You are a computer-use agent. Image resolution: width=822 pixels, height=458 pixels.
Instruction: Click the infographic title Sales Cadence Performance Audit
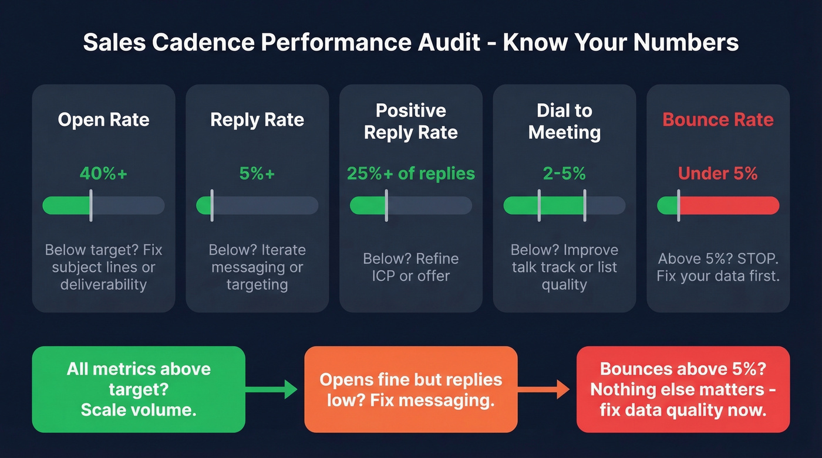pos(410,43)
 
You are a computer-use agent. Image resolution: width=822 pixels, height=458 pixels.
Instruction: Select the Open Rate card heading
pos(103,120)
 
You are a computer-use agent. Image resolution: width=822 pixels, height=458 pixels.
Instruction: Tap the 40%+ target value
pos(103,174)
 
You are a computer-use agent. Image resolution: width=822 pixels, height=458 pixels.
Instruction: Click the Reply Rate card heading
pos(257,120)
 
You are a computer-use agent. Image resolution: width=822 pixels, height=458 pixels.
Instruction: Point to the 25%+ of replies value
pos(410,174)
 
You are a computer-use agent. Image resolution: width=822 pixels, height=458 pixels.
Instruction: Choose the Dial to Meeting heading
pos(564,121)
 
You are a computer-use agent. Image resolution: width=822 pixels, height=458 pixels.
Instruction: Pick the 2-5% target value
pos(564,174)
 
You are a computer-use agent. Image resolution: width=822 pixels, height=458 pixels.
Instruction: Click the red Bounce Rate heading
pos(718,120)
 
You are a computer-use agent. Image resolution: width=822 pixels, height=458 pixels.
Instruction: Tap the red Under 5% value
pos(718,174)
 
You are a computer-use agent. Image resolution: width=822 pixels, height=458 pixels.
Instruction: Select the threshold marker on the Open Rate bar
pos(91,205)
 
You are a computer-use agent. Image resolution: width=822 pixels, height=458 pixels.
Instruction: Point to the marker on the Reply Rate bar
pos(212,205)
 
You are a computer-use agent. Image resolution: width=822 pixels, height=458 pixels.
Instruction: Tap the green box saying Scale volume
pos(139,389)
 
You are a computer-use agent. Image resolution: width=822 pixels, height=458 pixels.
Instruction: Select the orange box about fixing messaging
pos(410,389)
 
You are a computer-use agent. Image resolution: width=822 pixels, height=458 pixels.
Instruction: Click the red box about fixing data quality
pos(683,389)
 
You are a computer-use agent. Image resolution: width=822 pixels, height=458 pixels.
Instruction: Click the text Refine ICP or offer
pos(410,267)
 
